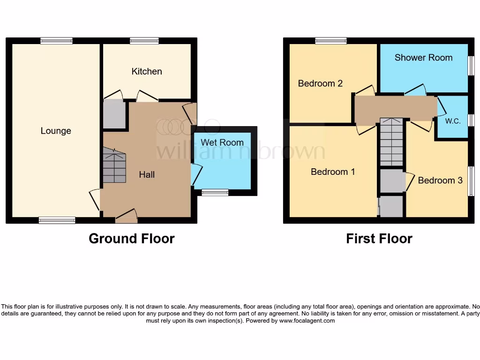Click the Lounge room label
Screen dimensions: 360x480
click(x=56, y=131)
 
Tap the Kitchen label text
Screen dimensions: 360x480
click(x=147, y=71)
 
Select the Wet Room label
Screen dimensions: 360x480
click(x=222, y=142)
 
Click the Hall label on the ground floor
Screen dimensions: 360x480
click(x=147, y=174)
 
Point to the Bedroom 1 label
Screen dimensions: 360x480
click(x=333, y=172)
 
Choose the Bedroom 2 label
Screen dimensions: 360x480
click(x=320, y=83)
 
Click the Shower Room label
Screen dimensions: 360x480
click(x=423, y=58)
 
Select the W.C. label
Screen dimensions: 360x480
click(x=453, y=121)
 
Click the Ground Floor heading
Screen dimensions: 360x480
click(x=132, y=239)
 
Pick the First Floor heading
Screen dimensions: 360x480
click(x=379, y=239)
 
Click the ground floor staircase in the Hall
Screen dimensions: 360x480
click(x=114, y=165)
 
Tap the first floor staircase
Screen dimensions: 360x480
click(x=391, y=142)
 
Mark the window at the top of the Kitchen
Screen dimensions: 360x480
click(x=144, y=41)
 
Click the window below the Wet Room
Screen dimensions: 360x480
click(x=215, y=192)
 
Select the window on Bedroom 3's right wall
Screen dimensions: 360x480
click(x=471, y=181)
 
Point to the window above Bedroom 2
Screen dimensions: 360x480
click(x=331, y=41)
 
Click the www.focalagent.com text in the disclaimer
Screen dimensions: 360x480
click(x=307, y=321)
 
